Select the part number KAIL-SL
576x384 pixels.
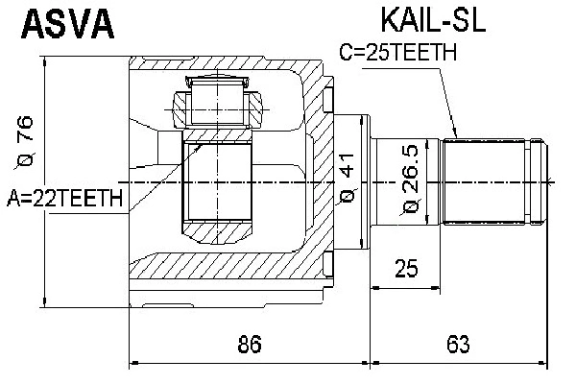tap(428, 21)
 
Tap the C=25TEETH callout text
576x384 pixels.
tap(397, 54)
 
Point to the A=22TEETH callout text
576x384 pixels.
tap(65, 199)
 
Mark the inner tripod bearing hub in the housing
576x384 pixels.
tap(218, 182)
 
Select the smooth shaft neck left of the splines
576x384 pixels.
tap(406, 180)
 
